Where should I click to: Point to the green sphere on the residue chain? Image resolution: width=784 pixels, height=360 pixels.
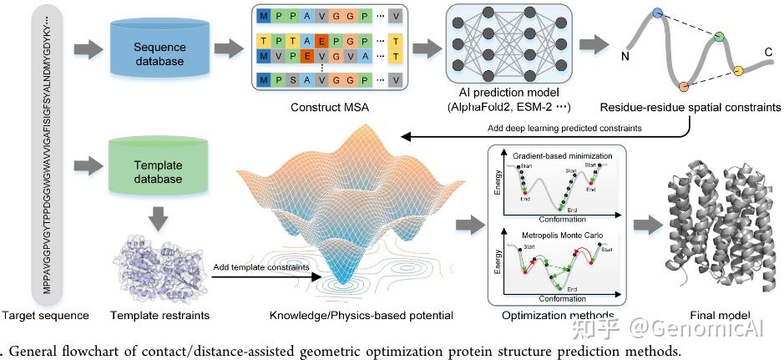[x=719, y=37]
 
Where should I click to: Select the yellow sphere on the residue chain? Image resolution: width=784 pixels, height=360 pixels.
[x=738, y=69]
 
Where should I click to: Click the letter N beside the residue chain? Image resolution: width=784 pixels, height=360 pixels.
[x=625, y=56]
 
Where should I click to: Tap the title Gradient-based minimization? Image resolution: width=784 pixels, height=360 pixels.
[x=562, y=156]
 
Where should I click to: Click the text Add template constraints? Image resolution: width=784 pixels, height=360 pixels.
[x=261, y=266]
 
